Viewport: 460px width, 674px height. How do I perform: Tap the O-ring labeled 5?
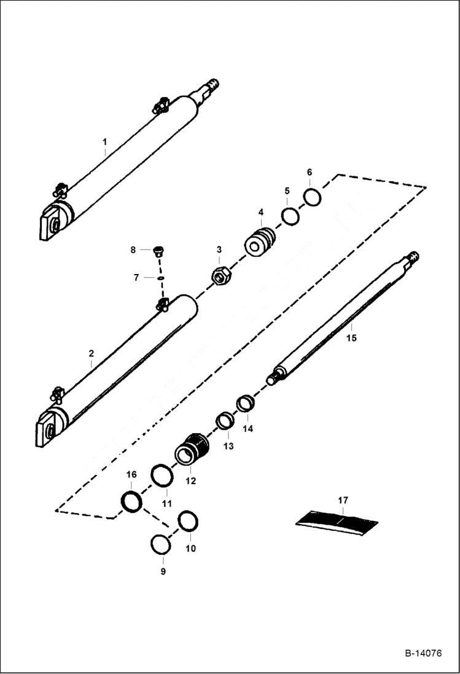pyautogui.click(x=290, y=217)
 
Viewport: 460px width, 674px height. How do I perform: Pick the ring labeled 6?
pyautogui.click(x=313, y=198)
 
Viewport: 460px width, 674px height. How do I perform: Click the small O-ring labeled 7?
pyautogui.click(x=159, y=278)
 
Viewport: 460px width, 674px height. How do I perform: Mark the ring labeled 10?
pyautogui.click(x=187, y=521)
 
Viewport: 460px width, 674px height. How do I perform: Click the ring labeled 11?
pyautogui.click(x=162, y=476)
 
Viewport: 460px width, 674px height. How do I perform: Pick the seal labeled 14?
pyautogui.click(x=246, y=404)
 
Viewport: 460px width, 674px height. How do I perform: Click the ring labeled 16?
pyautogui.click(x=131, y=501)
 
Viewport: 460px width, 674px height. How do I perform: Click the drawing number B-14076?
pyautogui.click(x=423, y=653)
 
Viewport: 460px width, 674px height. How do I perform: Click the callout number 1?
pyautogui.click(x=105, y=141)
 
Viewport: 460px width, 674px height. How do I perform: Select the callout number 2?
pyautogui.click(x=91, y=353)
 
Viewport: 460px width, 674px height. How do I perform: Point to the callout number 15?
pyautogui.click(x=351, y=337)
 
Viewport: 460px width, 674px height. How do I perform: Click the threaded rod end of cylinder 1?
pyautogui.click(x=211, y=84)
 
